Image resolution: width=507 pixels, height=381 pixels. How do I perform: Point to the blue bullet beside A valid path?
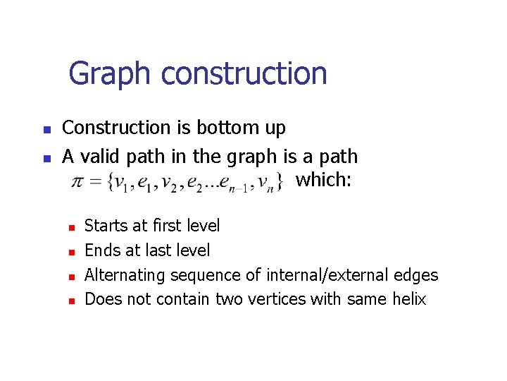46,158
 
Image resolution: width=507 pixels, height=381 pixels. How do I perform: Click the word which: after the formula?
323,180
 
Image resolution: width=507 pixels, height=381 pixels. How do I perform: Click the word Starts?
104,226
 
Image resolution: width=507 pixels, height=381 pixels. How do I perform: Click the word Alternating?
123,275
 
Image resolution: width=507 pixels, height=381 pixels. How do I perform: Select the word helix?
409,299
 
